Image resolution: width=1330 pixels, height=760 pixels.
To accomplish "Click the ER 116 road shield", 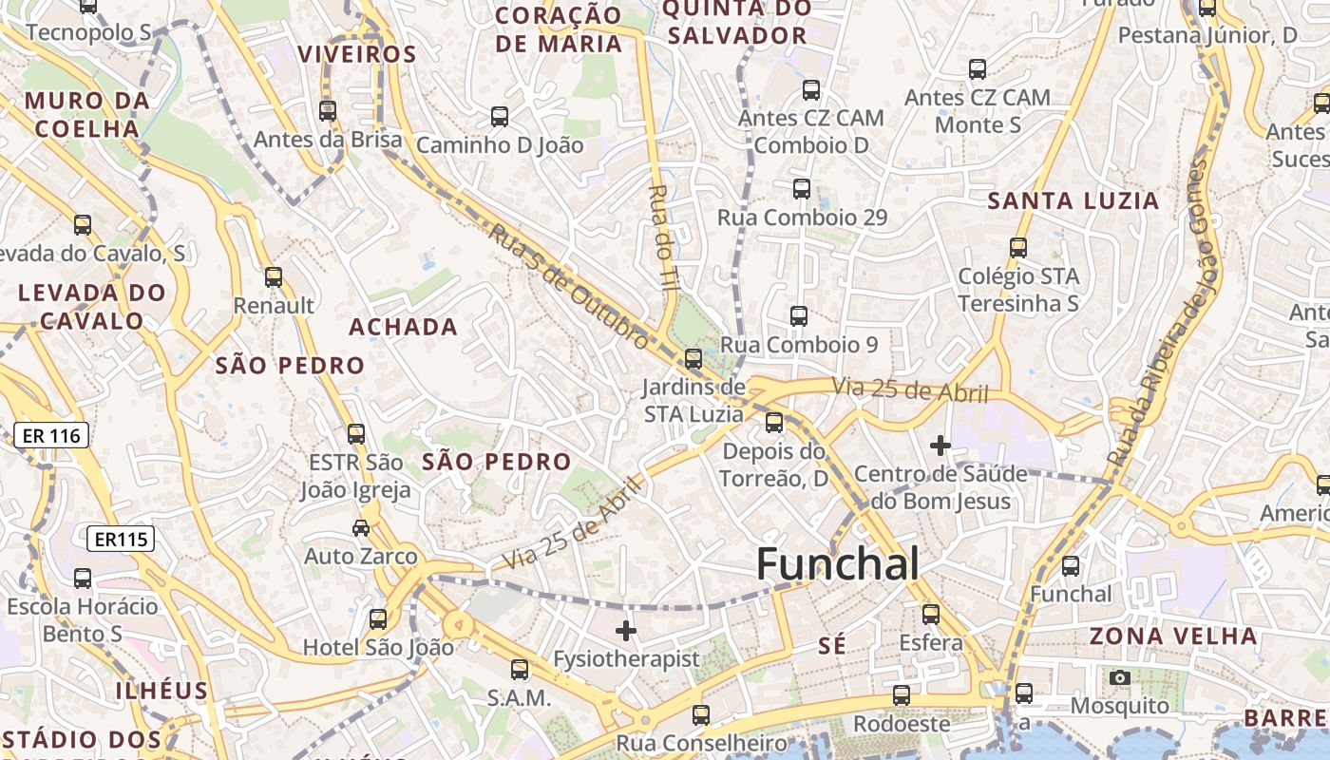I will [51, 436].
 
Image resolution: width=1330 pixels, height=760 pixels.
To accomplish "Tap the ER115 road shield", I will [121, 540].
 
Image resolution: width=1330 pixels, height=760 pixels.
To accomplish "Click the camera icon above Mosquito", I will [1120, 677].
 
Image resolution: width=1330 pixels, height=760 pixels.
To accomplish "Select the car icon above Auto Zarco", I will [361, 528].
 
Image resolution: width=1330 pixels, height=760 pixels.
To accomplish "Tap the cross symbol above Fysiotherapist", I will [626, 630].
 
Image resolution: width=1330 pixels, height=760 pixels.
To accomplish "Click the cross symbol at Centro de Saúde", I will [940, 445].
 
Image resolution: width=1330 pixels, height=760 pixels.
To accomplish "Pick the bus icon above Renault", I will [274, 277].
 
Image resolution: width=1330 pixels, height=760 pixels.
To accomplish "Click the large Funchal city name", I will [837, 564].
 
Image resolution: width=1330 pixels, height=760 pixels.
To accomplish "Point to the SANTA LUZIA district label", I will [1073, 201].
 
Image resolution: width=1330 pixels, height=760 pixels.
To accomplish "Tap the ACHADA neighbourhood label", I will [404, 327].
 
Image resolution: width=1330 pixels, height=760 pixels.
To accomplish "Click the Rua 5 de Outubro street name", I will [571, 286].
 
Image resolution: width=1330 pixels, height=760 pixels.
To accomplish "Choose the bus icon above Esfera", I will [931, 615].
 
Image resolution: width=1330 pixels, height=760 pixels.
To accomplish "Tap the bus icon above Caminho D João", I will [500, 117].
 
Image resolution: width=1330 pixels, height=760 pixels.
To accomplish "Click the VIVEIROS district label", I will [357, 54].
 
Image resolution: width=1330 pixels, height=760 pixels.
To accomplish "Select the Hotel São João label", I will [378, 648].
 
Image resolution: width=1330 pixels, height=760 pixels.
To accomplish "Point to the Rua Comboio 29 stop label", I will [802, 218].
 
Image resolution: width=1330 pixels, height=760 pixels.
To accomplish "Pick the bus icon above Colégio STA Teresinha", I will [1018, 248].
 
